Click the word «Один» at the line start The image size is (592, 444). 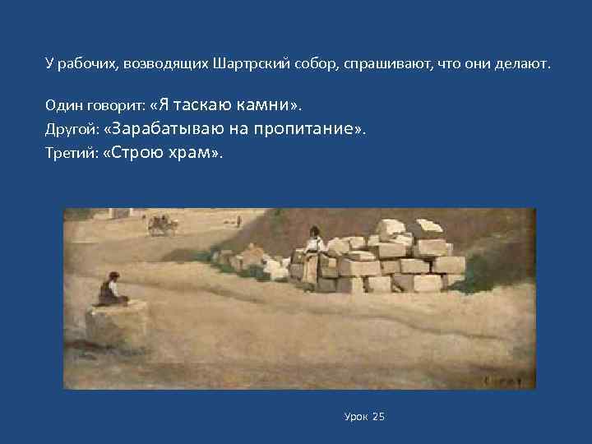click(x=63, y=105)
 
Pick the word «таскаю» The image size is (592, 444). click(x=204, y=105)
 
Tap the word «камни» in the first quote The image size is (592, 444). click(x=263, y=105)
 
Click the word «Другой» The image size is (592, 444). click(x=67, y=130)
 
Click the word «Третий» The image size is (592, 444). click(x=67, y=154)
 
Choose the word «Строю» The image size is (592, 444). click(x=135, y=154)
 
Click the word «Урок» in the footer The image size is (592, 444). click(x=356, y=417)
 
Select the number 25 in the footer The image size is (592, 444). click(x=379, y=417)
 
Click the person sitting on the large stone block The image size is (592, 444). click(x=109, y=289)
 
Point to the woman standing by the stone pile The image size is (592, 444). click(x=312, y=247)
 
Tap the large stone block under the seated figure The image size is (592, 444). click(x=117, y=325)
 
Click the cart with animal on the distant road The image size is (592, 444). click(x=162, y=224)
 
